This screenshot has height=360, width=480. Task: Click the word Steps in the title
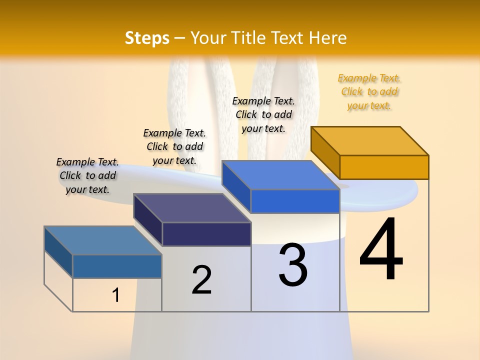coord(147,38)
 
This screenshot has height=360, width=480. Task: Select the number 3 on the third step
coord(293,265)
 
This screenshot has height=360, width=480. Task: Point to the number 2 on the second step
coord(201,279)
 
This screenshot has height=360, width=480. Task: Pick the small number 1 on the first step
coord(116,295)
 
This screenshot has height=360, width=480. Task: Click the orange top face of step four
coord(369,141)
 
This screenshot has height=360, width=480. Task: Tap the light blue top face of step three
coord(280,175)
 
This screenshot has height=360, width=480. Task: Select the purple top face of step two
coord(192,208)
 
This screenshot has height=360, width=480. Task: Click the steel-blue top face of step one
coord(103,240)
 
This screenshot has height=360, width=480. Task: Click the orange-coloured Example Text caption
coord(369,92)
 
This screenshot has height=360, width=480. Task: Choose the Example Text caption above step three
coord(263,114)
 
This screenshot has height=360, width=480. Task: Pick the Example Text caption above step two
coord(174,146)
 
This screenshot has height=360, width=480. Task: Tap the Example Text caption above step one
coord(87,175)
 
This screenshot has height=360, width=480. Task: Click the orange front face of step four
coord(384,167)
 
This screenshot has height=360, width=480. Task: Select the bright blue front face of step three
coord(295,201)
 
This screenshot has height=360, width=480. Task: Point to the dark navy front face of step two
coord(206,234)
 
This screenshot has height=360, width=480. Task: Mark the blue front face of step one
coord(117,266)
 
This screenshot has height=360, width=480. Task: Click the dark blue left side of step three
coord(236,186)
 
